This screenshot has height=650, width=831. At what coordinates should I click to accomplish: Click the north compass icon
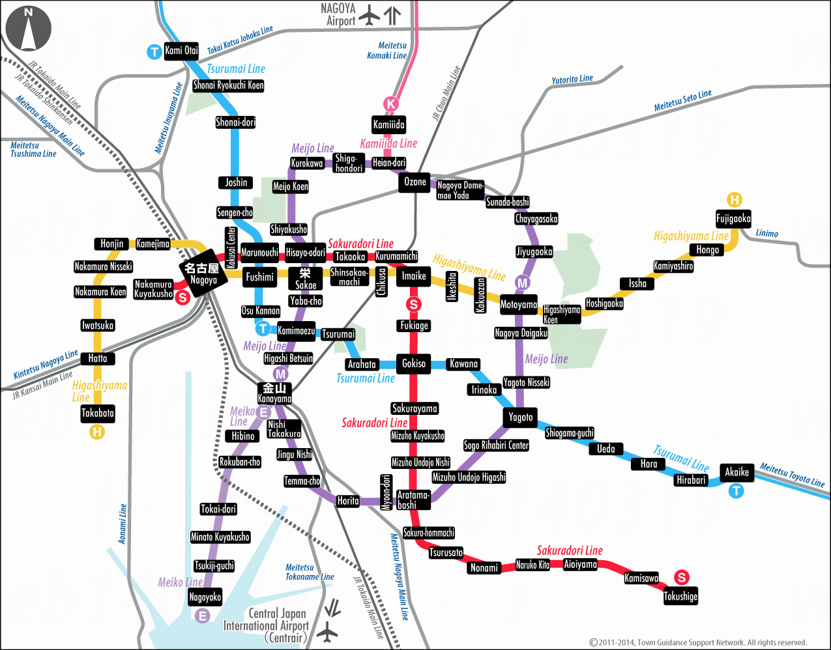[x=28, y=29]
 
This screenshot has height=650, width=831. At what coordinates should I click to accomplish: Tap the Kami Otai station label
[x=181, y=51]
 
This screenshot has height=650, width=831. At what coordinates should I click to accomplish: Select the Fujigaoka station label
[x=733, y=219]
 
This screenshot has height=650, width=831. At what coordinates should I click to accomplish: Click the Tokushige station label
[x=680, y=596]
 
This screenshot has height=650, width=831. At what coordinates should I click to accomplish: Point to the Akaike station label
[x=736, y=472]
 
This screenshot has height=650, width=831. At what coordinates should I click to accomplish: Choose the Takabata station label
[x=98, y=413]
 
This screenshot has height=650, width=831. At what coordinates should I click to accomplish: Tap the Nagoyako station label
[x=205, y=597]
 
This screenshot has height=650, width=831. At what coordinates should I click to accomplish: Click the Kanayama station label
[x=274, y=393]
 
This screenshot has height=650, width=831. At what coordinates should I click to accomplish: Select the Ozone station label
[x=415, y=182]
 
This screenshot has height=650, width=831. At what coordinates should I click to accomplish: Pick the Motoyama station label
[x=519, y=304]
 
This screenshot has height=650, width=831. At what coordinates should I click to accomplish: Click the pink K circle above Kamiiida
[x=390, y=104]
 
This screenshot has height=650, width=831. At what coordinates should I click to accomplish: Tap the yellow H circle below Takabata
[x=97, y=431]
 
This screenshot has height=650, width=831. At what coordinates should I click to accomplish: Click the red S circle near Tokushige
[x=681, y=577]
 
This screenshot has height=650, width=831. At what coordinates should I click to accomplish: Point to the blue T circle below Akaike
[x=736, y=490]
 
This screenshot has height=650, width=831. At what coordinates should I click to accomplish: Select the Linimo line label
[x=767, y=233]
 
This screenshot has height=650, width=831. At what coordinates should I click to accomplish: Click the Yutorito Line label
[x=572, y=79]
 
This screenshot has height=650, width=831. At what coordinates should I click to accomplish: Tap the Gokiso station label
[x=414, y=363]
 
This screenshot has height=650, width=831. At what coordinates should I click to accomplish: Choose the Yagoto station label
[x=521, y=417]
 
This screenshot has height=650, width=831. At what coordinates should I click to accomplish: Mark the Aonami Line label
[x=123, y=524]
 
